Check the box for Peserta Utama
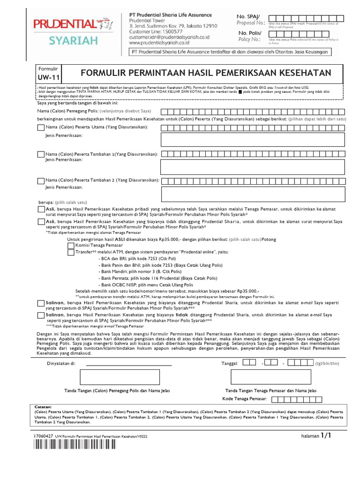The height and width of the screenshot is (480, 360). click(40, 127)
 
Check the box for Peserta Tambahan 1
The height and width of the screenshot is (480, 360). click(40, 154)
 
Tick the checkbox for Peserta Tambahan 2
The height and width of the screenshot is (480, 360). click(40, 180)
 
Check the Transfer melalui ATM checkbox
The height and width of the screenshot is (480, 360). click(71, 252)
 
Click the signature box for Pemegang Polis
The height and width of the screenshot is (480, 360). click(116, 376)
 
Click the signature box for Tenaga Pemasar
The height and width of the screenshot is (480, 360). click(270, 376)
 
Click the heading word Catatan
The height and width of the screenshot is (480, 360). click(44, 406)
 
